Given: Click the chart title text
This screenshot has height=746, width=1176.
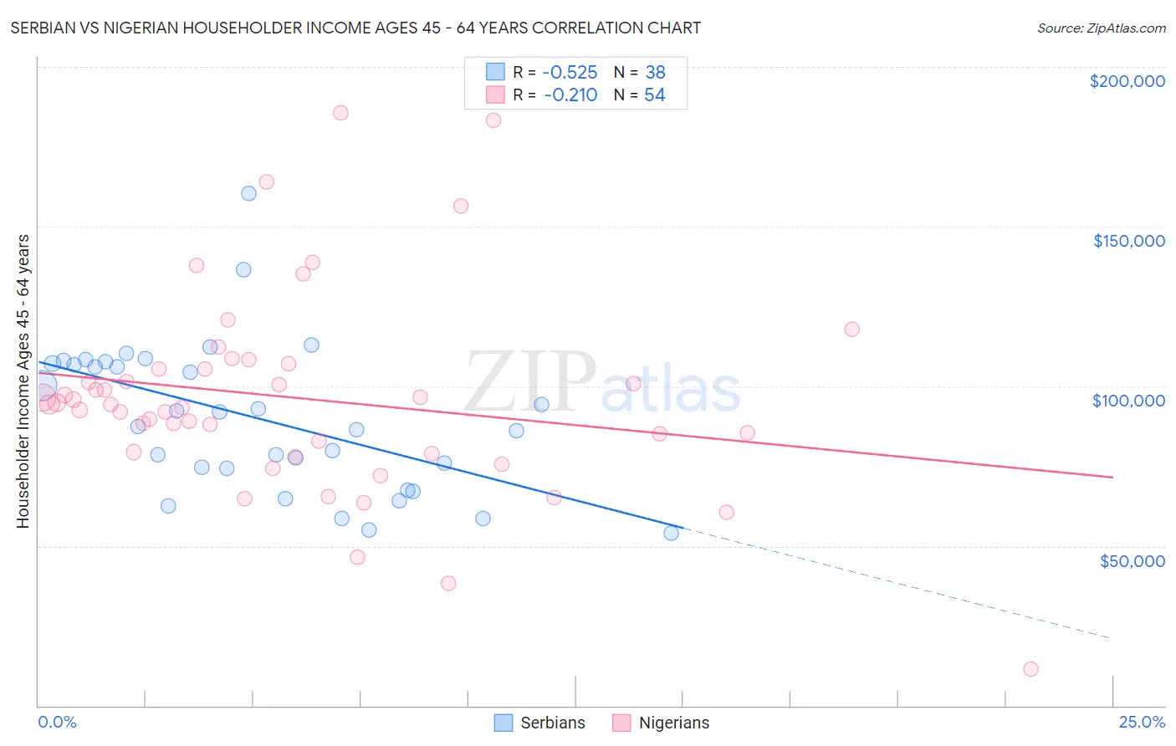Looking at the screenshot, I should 355,28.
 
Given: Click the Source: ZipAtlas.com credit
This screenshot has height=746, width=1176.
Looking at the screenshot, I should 1101,28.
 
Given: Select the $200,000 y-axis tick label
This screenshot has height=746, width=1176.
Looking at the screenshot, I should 1127,81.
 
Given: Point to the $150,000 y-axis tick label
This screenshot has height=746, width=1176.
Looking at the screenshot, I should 1128,241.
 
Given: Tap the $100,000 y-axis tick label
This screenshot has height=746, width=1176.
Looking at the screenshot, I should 1128,401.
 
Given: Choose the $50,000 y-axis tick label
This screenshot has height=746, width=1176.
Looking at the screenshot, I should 1132,560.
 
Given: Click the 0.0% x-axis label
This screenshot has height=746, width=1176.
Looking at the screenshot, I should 57,722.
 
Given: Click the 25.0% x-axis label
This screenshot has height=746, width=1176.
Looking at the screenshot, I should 1142,722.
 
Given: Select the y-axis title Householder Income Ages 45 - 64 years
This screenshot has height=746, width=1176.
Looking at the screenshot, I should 23,381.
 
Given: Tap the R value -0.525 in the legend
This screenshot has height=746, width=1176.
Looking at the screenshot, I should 570,73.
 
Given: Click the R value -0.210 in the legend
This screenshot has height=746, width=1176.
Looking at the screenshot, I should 570,95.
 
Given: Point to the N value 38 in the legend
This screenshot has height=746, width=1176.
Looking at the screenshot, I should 655,73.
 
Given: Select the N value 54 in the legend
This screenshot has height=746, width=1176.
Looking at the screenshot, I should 654,95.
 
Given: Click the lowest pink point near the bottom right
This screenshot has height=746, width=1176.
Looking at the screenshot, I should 1030,669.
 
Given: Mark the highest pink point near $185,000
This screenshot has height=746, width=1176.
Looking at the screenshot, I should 340,113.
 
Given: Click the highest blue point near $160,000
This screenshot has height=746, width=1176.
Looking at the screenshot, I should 248,193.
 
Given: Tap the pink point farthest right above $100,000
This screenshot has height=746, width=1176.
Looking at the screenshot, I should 851,329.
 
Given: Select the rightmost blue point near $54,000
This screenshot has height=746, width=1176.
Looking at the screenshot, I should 671,533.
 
